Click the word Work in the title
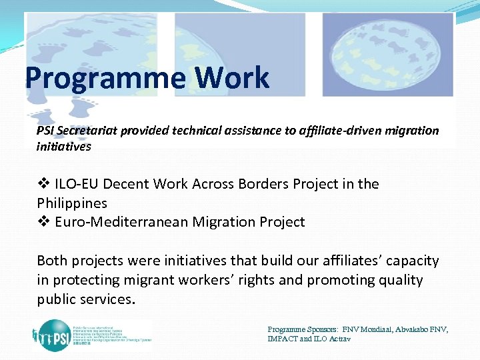233,78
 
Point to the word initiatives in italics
63,145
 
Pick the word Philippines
72,203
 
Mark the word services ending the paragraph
107,299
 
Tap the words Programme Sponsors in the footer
303,329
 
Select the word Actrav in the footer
338,339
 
